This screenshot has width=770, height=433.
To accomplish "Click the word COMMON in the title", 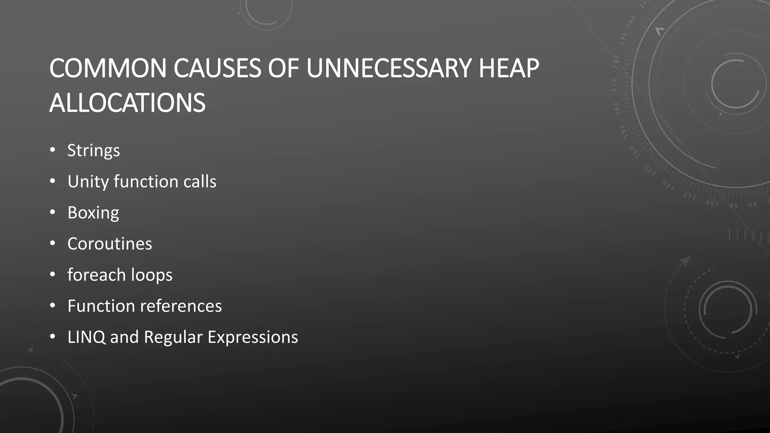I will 108,68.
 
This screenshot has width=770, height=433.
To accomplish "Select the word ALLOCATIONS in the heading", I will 127,103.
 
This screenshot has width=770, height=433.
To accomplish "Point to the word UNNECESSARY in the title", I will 389,68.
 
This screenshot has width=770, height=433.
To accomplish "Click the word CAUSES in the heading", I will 217,68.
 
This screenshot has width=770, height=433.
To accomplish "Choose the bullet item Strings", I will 94,151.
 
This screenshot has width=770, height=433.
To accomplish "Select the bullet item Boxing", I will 93,213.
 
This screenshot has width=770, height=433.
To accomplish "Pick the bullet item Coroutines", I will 110,244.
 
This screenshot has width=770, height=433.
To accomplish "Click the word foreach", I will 96,275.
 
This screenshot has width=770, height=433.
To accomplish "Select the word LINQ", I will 86,337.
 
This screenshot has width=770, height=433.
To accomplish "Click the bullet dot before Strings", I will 53,150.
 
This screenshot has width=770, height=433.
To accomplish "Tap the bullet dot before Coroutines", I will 53,244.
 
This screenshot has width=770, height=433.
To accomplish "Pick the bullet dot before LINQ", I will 53,337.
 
